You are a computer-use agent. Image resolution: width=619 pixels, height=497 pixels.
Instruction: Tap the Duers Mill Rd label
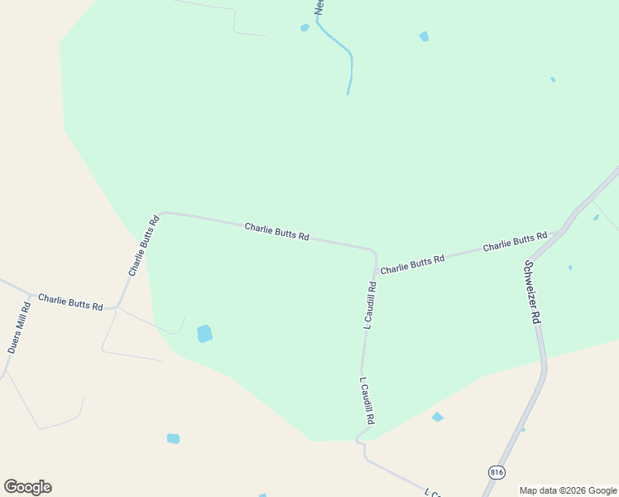click(x=19, y=328)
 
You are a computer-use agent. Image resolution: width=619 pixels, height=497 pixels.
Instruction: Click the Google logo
click(x=27, y=487)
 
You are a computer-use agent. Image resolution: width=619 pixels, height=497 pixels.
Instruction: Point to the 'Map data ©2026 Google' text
click(x=568, y=490)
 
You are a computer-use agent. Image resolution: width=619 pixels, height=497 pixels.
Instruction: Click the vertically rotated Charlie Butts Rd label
click(x=143, y=246)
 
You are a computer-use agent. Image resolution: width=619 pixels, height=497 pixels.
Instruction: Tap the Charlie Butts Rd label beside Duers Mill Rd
click(x=70, y=302)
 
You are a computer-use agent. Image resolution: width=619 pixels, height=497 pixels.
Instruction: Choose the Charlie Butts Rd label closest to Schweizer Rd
click(x=515, y=242)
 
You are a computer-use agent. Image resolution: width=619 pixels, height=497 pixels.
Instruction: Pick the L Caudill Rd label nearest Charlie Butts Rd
click(x=370, y=306)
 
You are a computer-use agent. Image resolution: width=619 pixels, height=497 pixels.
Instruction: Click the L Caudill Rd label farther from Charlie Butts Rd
click(x=367, y=402)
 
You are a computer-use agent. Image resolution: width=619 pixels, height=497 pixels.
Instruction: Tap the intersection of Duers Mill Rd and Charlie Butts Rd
click(x=31, y=294)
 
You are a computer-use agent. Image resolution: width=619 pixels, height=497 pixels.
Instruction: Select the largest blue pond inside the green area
click(x=204, y=334)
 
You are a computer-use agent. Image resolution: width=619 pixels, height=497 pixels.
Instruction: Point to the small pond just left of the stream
click(x=305, y=27)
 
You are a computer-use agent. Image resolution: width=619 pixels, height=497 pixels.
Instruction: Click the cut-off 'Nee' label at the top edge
click(x=319, y=7)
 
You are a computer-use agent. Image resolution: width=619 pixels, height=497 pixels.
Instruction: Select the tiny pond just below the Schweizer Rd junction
click(x=570, y=268)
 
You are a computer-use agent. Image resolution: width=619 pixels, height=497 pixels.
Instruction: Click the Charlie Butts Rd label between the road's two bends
click(x=276, y=231)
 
